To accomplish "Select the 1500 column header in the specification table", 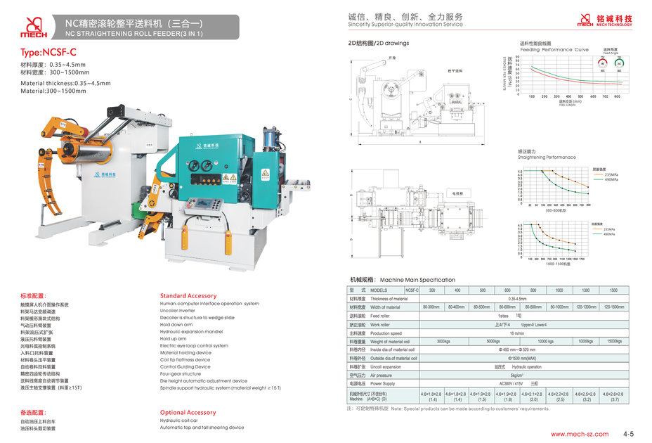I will point(613,290).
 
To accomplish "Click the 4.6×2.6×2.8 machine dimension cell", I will point(613,396).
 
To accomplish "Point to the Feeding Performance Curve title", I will point(554,50).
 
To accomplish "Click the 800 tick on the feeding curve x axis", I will point(616,96).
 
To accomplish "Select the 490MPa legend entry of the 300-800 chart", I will point(610,180).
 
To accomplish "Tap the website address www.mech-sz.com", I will point(575,434).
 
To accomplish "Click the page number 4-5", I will point(627,434).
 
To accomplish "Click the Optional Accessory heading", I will point(188,413).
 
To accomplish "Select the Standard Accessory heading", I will point(188,296).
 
